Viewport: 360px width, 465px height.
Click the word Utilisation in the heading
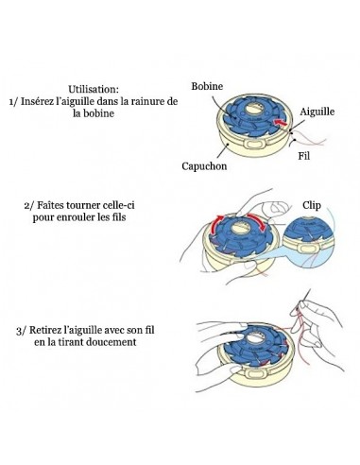(93, 89)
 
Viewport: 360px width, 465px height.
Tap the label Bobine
(207, 86)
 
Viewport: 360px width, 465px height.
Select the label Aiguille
(317, 112)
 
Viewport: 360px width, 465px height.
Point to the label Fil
(304, 156)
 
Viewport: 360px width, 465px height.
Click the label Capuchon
(204, 166)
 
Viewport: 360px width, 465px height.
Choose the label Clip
(312, 205)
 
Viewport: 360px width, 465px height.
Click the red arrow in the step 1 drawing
(280, 123)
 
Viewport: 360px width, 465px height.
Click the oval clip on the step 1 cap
(255, 145)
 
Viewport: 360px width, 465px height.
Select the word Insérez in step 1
(34, 101)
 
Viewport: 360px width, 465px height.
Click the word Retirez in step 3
(44, 330)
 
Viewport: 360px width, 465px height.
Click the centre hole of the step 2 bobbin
(240, 227)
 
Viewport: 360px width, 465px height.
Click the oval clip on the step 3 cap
(254, 373)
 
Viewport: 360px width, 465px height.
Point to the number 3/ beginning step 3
(21, 331)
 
